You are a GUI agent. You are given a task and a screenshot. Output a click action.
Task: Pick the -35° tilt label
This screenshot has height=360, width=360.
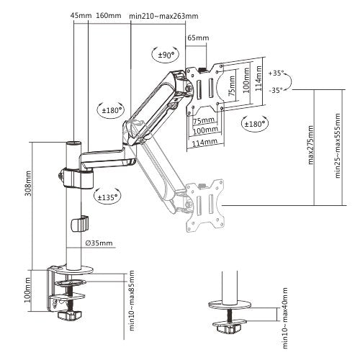click(274, 91)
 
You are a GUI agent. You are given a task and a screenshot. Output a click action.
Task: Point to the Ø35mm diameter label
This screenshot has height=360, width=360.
click(97, 243)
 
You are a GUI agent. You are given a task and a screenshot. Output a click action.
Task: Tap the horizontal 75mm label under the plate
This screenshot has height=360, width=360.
click(204, 119)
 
